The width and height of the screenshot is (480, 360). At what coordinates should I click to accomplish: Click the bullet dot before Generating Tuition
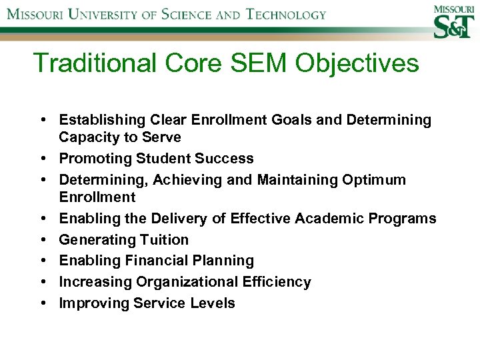pos(42,239)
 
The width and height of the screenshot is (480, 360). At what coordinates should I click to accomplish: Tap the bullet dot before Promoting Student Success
pos(42,159)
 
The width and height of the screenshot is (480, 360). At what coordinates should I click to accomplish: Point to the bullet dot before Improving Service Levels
pos(42,303)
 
